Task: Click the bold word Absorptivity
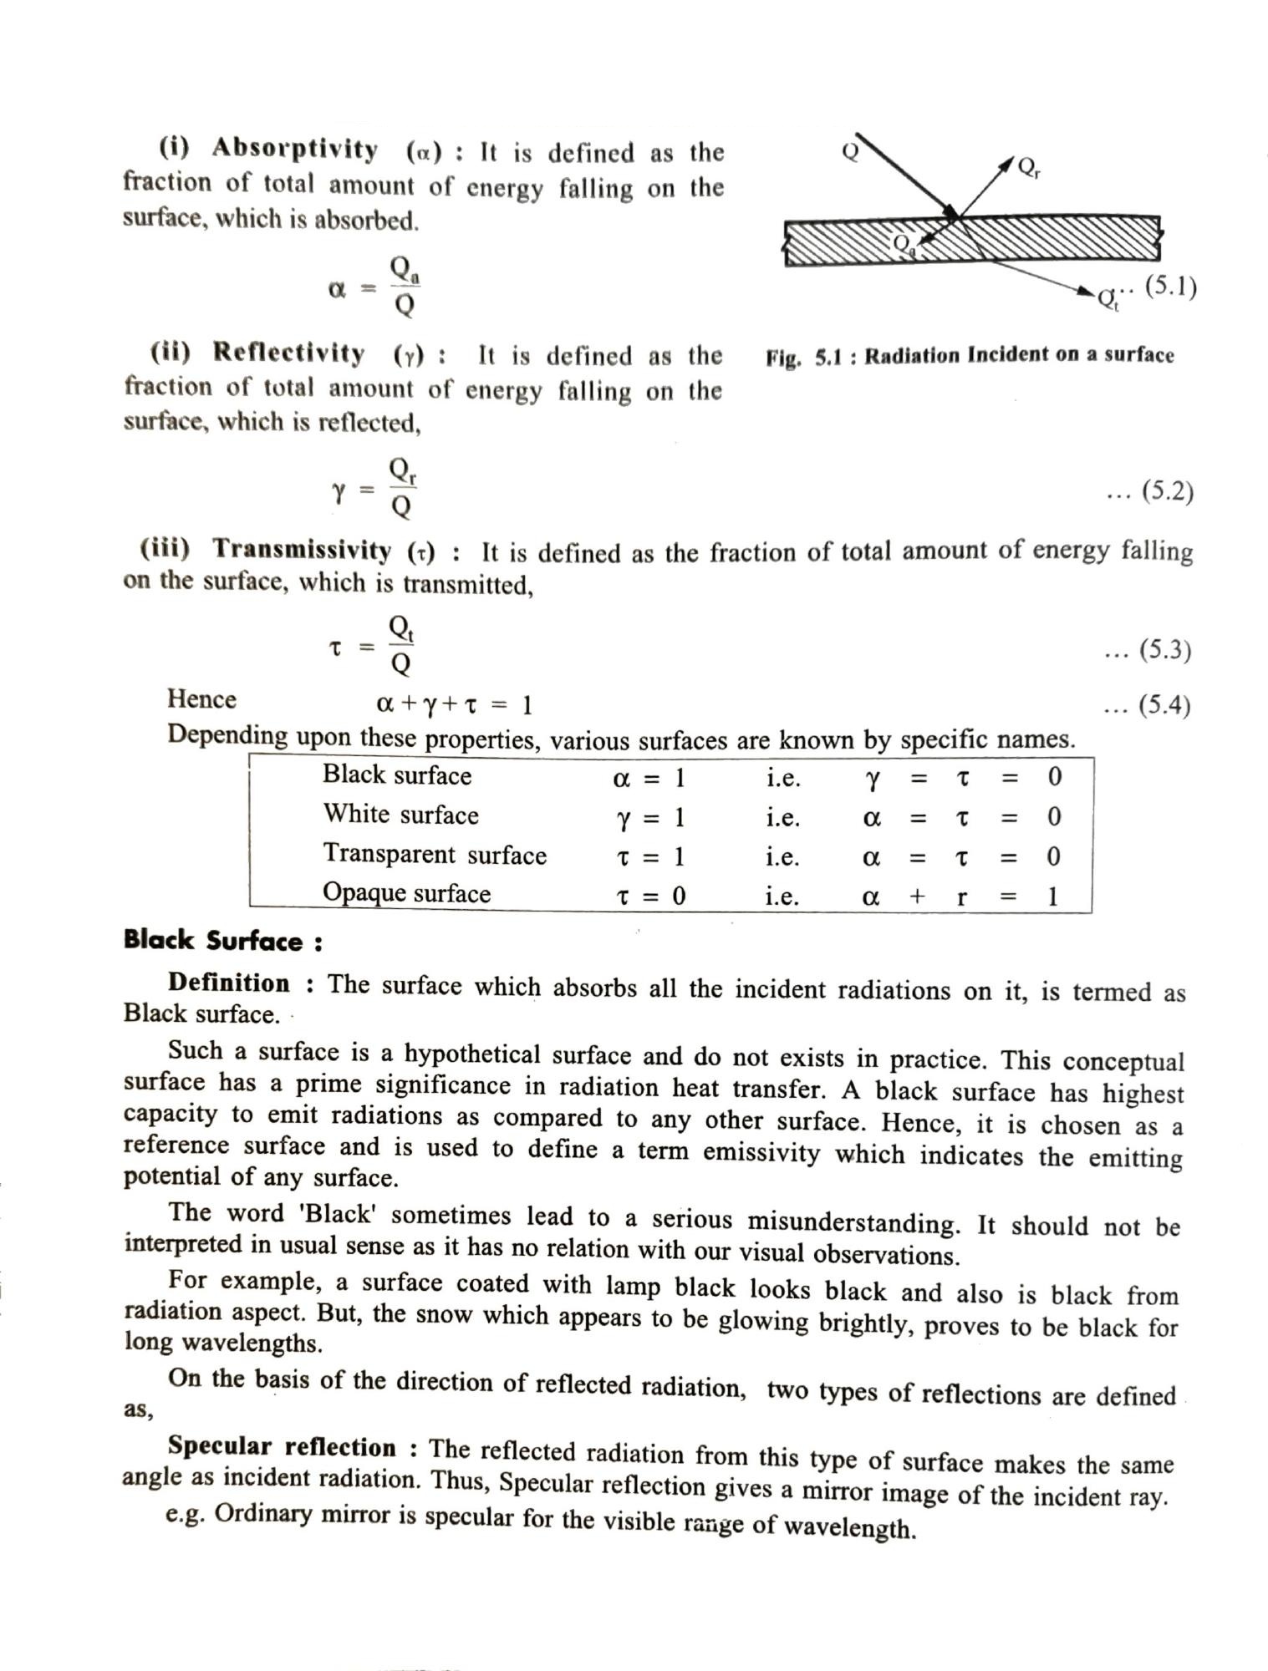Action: [x=294, y=150]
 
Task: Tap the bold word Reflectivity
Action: [x=288, y=353]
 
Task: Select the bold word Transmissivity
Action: [x=301, y=550]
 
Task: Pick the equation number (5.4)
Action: [x=1164, y=706]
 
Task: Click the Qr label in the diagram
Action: [x=1029, y=168]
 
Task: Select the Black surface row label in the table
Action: [x=397, y=775]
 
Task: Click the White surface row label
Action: [x=400, y=815]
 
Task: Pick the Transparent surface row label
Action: [x=435, y=855]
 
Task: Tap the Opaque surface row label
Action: [x=406, y=894]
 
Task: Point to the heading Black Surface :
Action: [x=223, y=941]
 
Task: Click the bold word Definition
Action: [x=229, y=983]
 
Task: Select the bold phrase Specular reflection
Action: [x=282, y=1446]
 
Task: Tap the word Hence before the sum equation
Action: [x=201, y=699]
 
